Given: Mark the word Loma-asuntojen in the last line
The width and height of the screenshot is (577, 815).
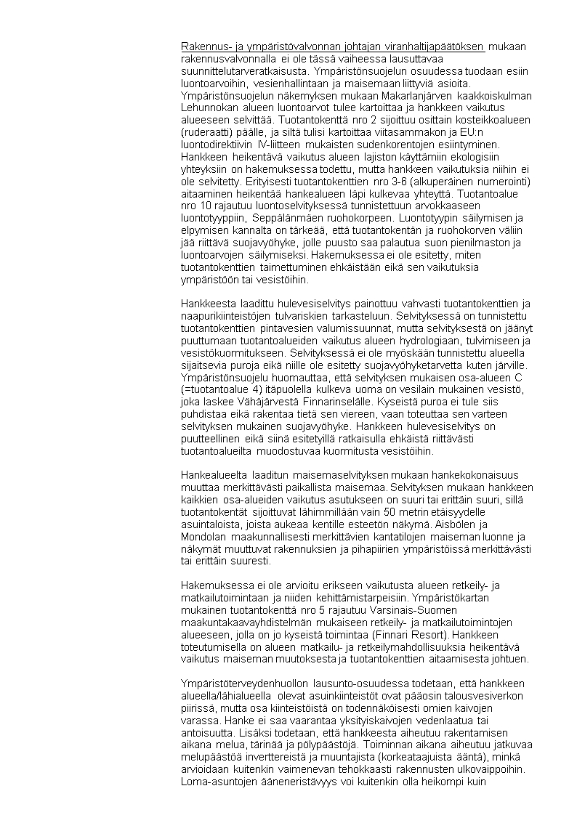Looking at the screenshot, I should point(216,782).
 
